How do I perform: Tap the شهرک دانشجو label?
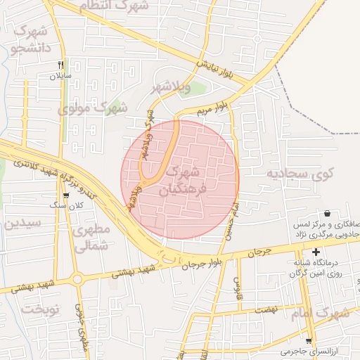click(x=29, y=40)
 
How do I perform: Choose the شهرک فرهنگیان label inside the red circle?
click(x=184, y=181)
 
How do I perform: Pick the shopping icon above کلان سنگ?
click(x=65, y=195)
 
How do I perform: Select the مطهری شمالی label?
click(x=93, y=238)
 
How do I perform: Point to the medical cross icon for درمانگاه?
click(x=316, y=252)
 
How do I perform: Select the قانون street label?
click(x=238, y=286)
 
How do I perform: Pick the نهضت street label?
click(x=266, y=309)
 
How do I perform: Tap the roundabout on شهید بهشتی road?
click(x=77, y=278)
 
